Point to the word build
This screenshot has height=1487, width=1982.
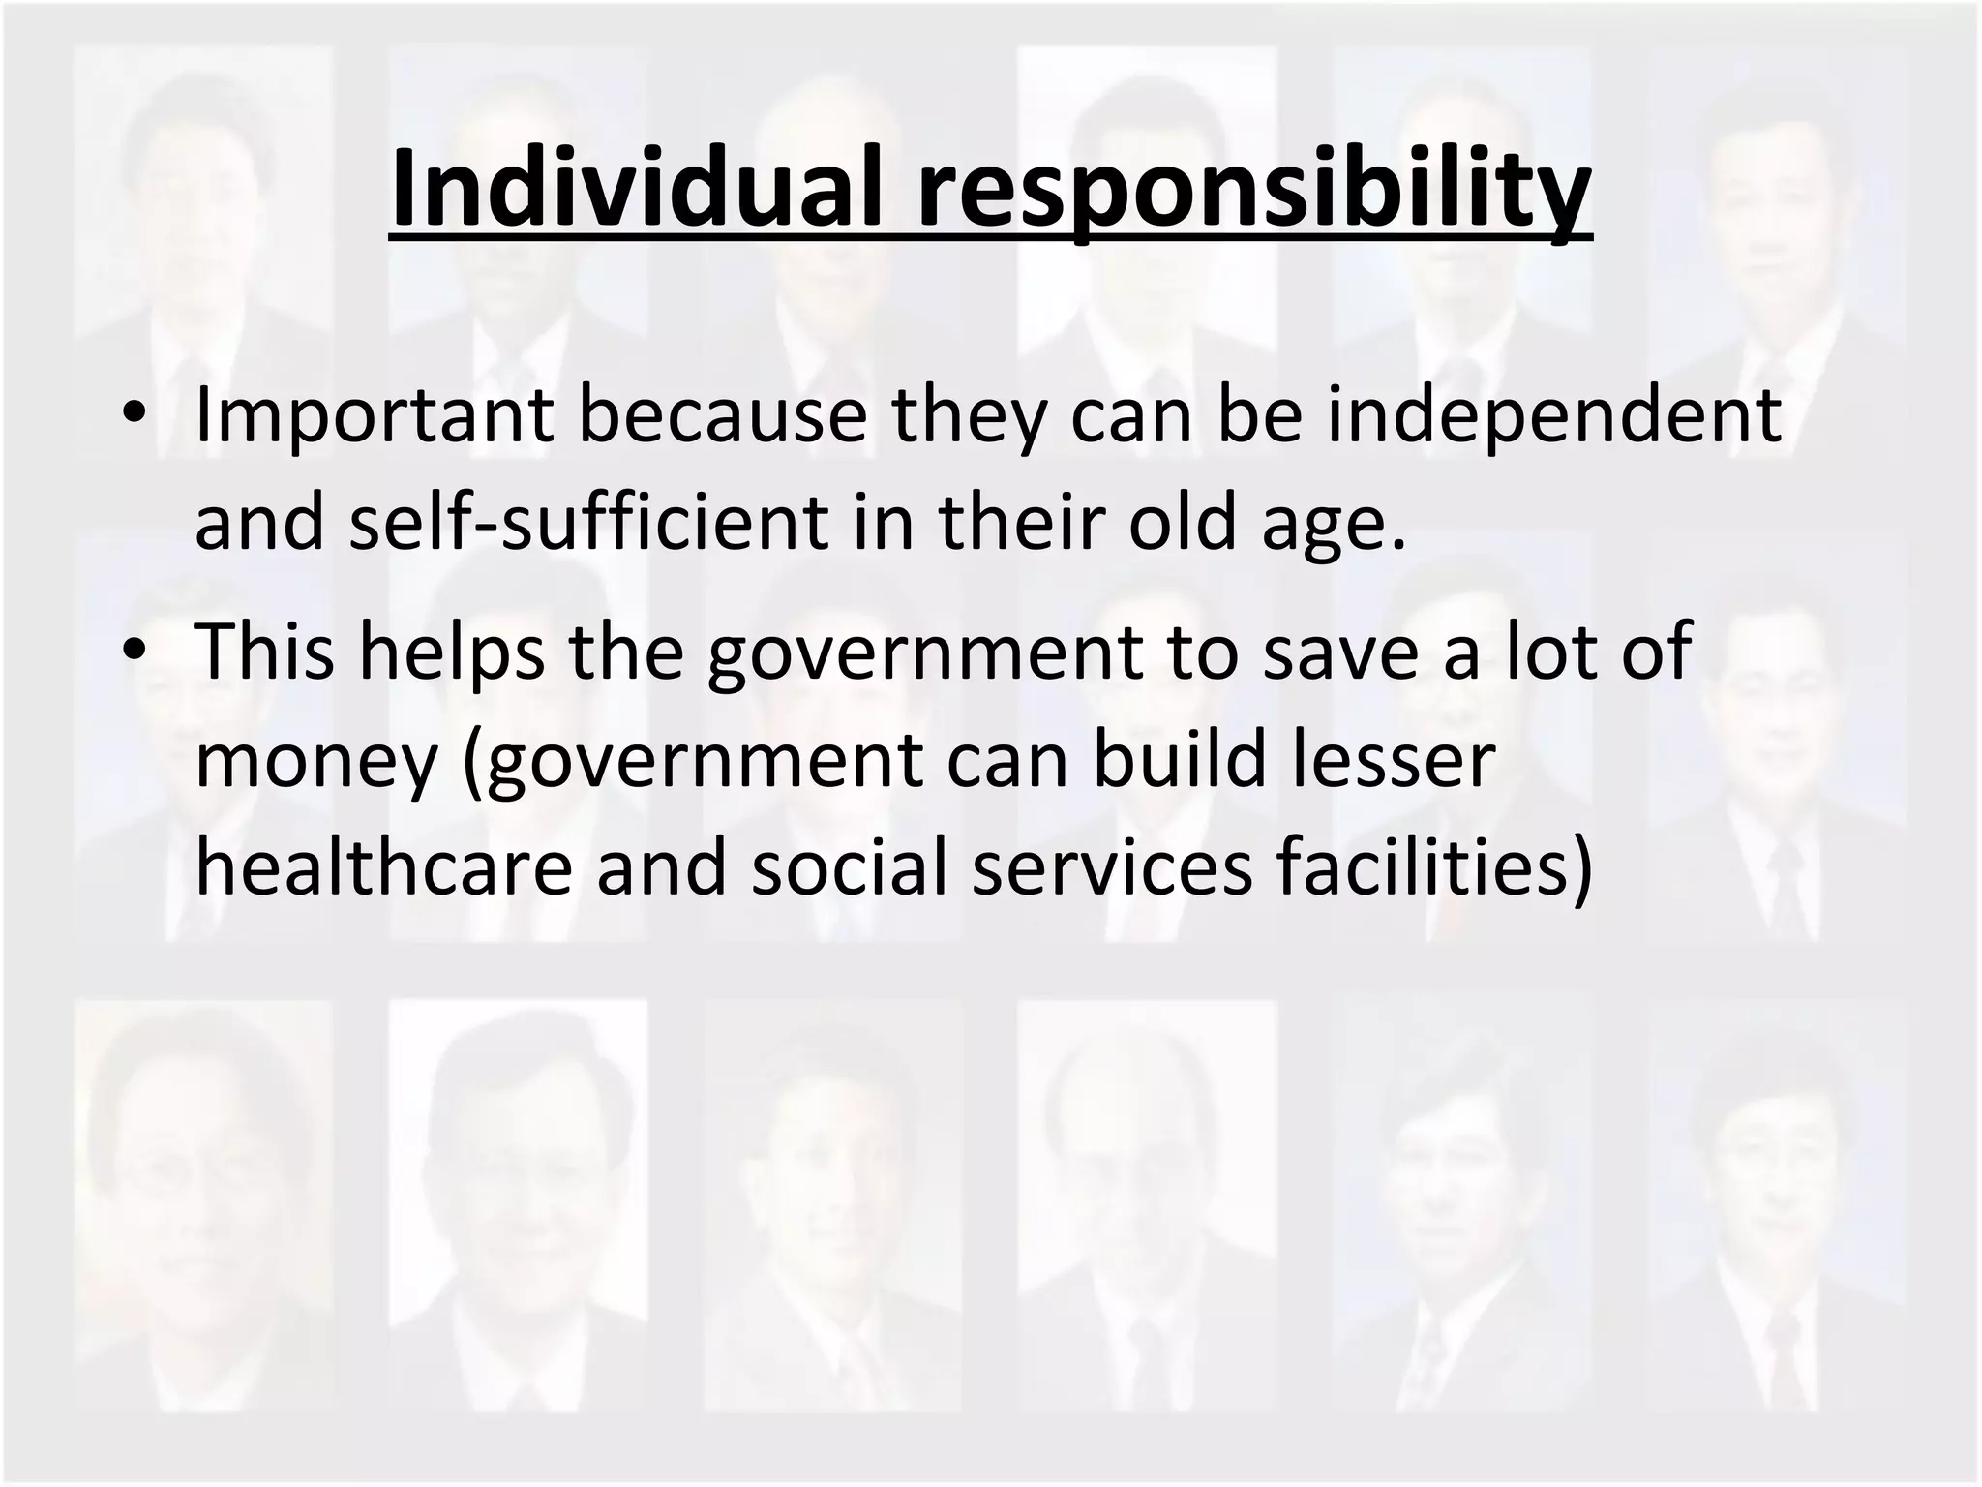coord(1180,761)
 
